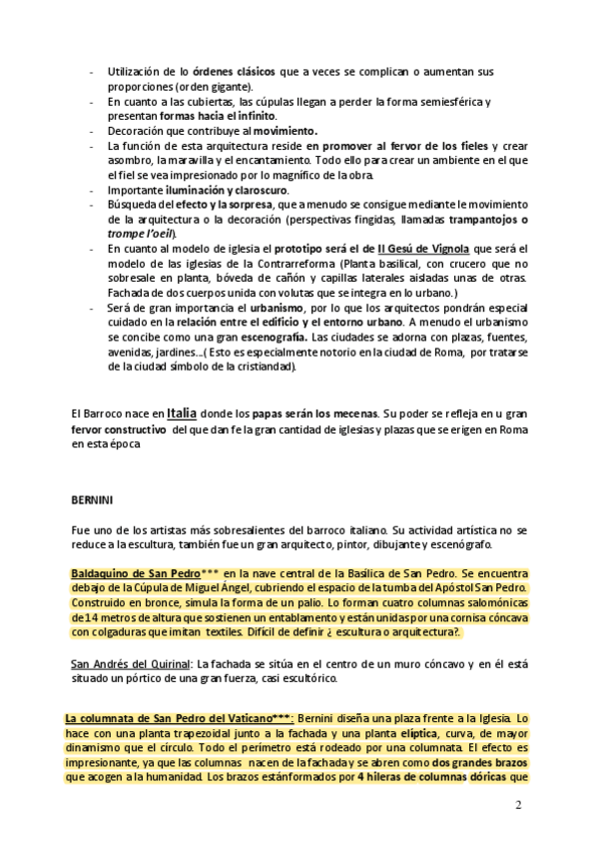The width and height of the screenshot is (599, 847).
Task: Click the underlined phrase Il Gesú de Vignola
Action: click(x=413, y=247)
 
